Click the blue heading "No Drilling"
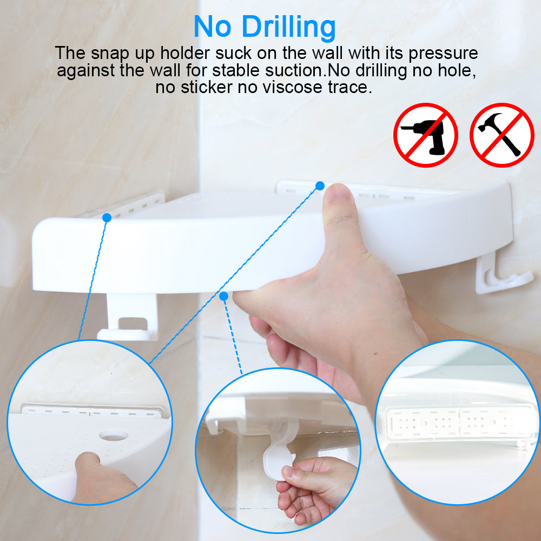(x=265, y=27)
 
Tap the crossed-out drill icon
(x=425, y=135)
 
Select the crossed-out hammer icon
(x=502, y=135)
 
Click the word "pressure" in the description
(x=443, y=54)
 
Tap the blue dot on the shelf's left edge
(x=107, y=217)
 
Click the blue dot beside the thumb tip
(x=320, y=186)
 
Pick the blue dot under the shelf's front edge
(x=223, y=296)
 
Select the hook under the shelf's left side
(x=128, y=318)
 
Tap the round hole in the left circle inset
(x=114, y=435)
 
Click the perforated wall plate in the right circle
(x=459, y=423)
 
